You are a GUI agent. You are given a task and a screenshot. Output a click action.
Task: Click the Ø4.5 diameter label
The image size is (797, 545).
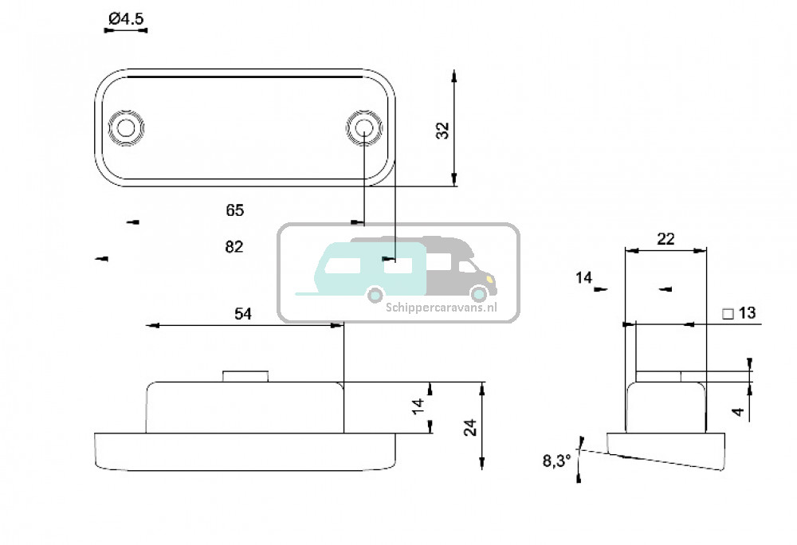[x=126, y=18]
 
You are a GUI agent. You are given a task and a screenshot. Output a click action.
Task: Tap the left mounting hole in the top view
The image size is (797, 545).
[x=125, y=128]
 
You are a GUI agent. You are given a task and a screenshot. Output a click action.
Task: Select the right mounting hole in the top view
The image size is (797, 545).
[x=363, y=128]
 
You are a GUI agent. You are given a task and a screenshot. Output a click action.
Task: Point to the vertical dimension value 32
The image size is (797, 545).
[x=443, y=130]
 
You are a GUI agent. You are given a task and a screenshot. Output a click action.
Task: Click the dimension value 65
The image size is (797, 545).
[x=234, y=211]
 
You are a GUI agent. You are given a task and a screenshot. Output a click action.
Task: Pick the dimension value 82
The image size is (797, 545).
[x=234, y=247]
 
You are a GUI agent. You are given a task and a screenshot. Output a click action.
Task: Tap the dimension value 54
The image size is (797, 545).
[x=243, y=315]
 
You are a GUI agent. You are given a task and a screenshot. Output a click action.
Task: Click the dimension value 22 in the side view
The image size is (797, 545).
[x=665, y=238]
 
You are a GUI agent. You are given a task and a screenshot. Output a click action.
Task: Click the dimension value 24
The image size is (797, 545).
[x=469, y=427]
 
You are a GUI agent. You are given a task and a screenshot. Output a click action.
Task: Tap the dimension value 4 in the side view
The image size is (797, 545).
[x=739, y=412]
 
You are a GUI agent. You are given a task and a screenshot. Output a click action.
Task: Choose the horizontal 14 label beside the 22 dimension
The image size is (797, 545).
[x=584, y=278]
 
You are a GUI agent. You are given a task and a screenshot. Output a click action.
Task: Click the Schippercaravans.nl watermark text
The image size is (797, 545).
[x=442, y=306]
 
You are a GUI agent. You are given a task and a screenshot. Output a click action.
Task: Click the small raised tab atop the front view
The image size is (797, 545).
[x=245, y=376]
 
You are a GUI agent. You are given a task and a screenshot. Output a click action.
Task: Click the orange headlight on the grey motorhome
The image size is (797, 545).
[x=491, y=280]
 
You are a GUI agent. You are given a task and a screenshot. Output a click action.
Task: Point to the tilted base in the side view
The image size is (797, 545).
[x=666, y=450]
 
